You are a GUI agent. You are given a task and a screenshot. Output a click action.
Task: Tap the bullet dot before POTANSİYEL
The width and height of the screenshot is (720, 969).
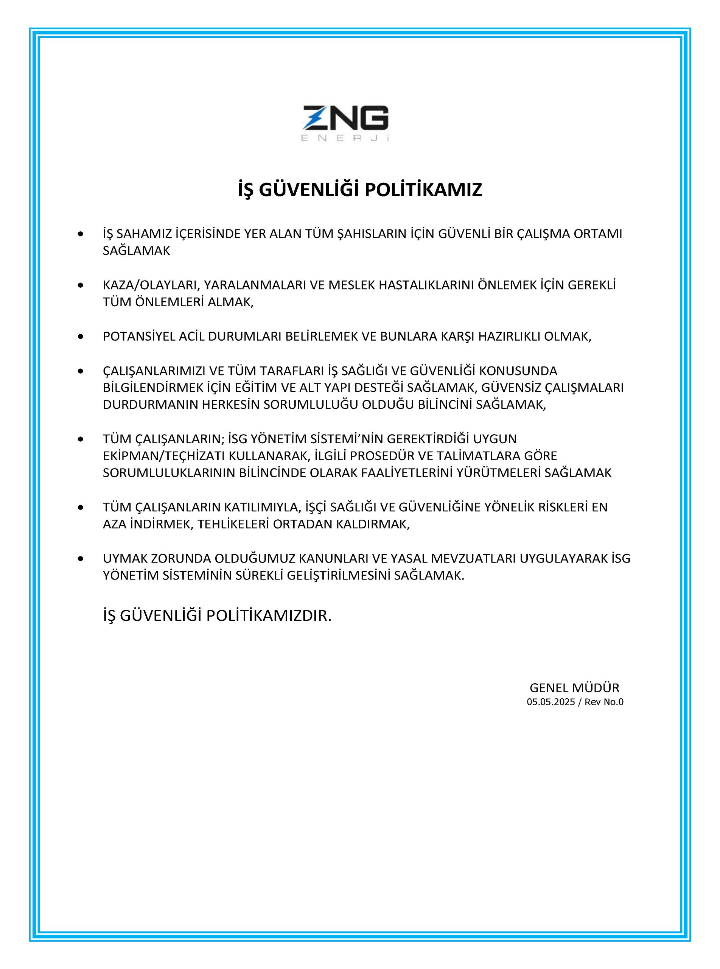pos(80,337)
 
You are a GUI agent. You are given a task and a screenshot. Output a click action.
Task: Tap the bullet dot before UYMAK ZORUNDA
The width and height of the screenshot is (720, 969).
pos(80,558)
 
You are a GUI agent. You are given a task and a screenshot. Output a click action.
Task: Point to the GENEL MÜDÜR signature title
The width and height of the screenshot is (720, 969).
pos(574,688)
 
